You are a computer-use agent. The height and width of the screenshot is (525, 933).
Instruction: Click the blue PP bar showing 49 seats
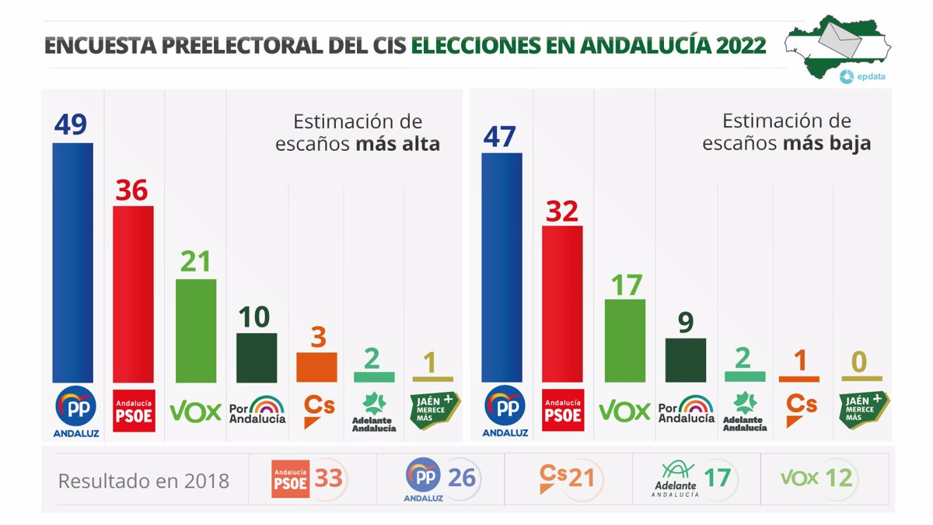(x=72, y=262)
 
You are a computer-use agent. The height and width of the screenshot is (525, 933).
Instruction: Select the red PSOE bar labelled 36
(x=133, y=294)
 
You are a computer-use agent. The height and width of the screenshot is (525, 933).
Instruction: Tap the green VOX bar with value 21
(x=196, y=331)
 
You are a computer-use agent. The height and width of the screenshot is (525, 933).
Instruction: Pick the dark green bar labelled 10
(x=257, y=358)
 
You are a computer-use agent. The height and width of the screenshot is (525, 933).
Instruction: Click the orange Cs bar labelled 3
(x=316, y=367)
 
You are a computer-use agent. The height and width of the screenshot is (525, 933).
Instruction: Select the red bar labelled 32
(x=562, y=303)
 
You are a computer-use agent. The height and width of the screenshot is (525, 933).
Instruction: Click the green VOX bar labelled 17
(x=625, y=341)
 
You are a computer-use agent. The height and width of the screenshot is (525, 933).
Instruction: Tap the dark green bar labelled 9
(x=686, y=360)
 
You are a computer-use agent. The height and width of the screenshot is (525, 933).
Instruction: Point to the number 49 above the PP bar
(x=70, y=124)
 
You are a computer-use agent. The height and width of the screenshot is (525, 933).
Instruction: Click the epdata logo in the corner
(x=864, y=76)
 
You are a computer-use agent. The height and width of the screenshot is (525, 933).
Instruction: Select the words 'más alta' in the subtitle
(x=398, y=144)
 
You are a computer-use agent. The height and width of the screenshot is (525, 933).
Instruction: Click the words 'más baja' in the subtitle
(x=826, y=144)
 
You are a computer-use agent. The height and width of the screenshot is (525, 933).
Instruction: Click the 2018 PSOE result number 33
(x=329, y=478)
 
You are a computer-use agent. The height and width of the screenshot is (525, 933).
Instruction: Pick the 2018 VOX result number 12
(x=839, y=478)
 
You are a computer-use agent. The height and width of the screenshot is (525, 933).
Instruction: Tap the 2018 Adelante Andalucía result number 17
(x=718, y=478)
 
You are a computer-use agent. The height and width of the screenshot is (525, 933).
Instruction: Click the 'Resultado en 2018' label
(x=144, y=481)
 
